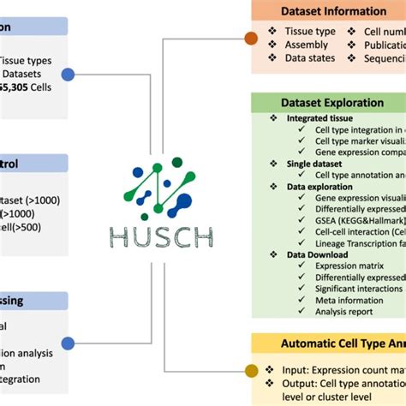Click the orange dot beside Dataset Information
click(251, 38)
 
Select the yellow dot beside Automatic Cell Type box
click(251, 370)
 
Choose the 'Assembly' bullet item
click(306, 45)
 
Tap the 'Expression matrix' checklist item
click(339, 266)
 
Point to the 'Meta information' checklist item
click(338, 300)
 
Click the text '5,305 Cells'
click(27, 87)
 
